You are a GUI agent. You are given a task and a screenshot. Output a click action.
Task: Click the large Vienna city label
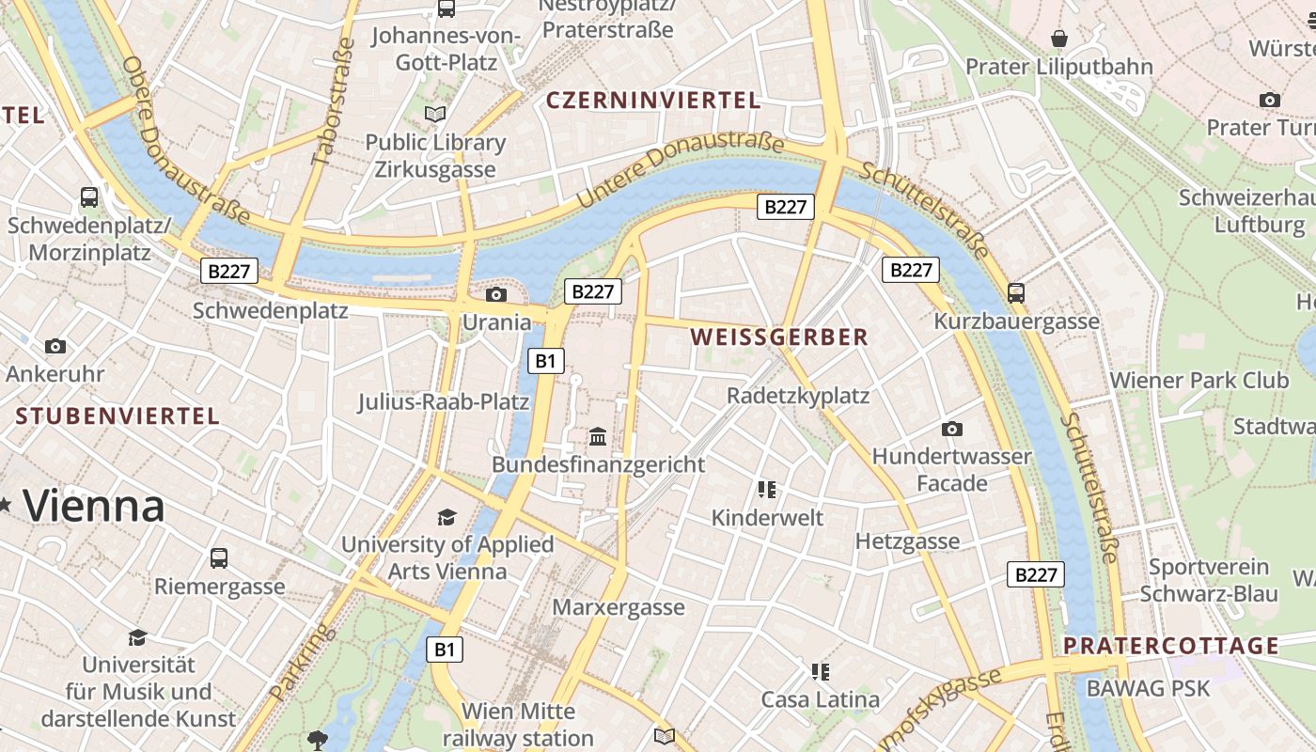(94, 507)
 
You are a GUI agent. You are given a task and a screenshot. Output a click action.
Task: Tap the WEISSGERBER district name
(779, 337)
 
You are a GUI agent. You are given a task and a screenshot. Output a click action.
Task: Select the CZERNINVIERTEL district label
(653, 100)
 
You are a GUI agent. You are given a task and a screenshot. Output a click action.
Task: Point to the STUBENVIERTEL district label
(117, 415)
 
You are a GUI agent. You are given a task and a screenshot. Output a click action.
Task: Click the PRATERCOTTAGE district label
(1171, 646)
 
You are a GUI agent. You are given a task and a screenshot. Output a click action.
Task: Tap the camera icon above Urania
(496, 294)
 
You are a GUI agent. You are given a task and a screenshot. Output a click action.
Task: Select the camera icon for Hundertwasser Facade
(952, 430)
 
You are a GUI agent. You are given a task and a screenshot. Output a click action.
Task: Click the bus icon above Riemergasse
(219, 558)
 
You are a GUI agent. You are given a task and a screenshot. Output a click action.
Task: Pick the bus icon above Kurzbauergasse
(1016, 293)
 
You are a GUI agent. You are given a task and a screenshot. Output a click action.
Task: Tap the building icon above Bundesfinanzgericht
(598, 436)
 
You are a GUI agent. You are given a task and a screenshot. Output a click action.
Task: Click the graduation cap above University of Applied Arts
(446, 517)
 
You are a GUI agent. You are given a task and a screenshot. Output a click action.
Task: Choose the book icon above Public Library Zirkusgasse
(435, 115)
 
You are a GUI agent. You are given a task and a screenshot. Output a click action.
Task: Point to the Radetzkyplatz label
(798, 396)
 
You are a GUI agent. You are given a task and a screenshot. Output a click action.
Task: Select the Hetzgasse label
(907, 541)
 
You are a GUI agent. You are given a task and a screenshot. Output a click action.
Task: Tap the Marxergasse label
(619, 607)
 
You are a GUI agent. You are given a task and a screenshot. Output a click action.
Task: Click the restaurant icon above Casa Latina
(821, 672)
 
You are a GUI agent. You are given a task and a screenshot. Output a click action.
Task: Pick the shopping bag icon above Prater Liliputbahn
(1059, 39)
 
